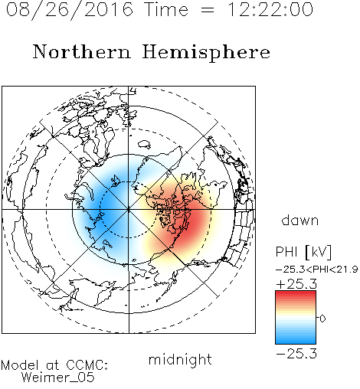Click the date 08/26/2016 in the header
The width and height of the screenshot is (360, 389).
click(70, 10)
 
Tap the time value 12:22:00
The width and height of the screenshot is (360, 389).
click(270, 9)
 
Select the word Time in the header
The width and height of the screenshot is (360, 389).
click(166, 9)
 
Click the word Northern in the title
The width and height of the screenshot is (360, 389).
click(82, 51)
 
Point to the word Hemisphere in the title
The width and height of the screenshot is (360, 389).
click(206, 52)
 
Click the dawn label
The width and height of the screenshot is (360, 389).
click(300, 220)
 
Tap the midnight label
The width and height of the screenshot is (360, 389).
click(180, 359)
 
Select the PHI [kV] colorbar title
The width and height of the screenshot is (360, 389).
click(303, 252)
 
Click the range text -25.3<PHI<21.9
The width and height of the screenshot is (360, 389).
click(316, 270)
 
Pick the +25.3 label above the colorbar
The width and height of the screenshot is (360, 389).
click(296, 284)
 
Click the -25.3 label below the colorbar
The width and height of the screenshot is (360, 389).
click(296, 354)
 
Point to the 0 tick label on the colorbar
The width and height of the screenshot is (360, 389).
click(322, 319)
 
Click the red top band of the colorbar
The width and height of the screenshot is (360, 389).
click(296, 294)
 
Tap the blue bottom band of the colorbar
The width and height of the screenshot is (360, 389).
click(296, 341)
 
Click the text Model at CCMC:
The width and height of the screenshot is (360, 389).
click(54, 365)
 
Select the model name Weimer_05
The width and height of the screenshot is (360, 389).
click(58, 378)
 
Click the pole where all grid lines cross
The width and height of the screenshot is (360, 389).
click(129, 210)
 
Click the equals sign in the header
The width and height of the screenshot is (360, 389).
click(208, 10)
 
